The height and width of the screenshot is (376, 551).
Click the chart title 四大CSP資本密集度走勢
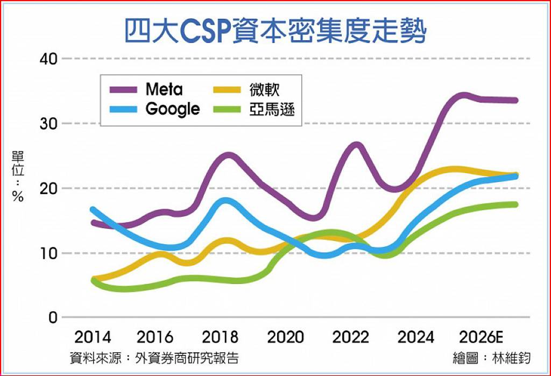275,31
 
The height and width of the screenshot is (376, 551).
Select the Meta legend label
164,89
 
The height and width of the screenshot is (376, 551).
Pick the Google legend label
173,109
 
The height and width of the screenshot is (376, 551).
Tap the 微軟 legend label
264,89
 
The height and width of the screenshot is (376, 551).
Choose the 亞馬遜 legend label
272,109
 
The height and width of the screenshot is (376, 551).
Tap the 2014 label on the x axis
93,338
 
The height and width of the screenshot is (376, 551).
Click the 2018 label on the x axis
220,338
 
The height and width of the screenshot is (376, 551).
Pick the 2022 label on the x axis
350,338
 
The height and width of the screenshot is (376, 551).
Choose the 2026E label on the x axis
481,338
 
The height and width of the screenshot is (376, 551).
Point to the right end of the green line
515,204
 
